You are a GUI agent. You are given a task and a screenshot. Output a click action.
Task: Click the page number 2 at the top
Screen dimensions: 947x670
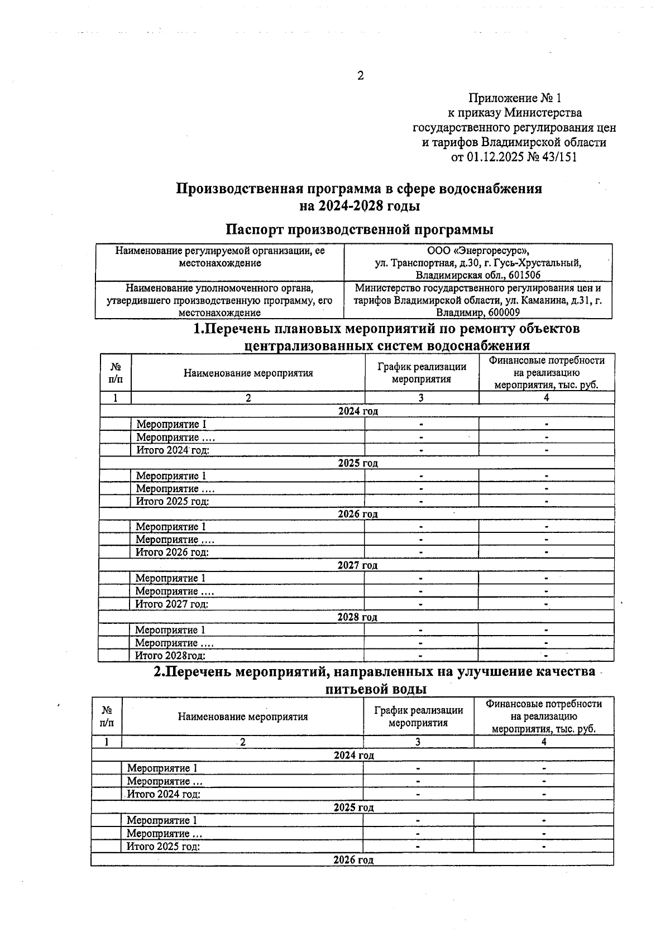360,76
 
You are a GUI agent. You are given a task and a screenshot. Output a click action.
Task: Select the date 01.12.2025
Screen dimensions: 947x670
495,157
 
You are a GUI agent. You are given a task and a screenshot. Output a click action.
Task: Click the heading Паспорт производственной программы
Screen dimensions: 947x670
359,229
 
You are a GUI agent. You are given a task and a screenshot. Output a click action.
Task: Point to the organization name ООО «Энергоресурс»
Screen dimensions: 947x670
478,251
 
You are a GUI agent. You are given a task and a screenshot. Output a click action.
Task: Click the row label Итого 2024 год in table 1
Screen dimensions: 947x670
173,450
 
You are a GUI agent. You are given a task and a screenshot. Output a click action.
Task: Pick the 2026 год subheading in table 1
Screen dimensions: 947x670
357,514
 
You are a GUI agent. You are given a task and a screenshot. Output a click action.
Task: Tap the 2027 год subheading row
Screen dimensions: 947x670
357,565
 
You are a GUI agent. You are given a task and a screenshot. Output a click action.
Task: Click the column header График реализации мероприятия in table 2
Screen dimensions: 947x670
418,717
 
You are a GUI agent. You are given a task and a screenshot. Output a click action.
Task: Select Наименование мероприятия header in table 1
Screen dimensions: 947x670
248,373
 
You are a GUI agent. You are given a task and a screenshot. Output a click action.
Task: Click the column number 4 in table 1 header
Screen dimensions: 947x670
546,397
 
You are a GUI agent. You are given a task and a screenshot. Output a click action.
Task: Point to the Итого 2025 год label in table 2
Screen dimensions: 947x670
163,847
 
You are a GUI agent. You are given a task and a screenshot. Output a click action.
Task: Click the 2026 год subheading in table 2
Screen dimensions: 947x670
353,860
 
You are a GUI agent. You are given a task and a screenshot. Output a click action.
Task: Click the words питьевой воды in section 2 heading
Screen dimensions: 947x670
376,689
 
